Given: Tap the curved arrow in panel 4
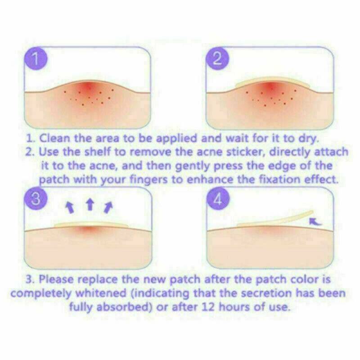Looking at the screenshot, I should (x=317, y=220).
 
